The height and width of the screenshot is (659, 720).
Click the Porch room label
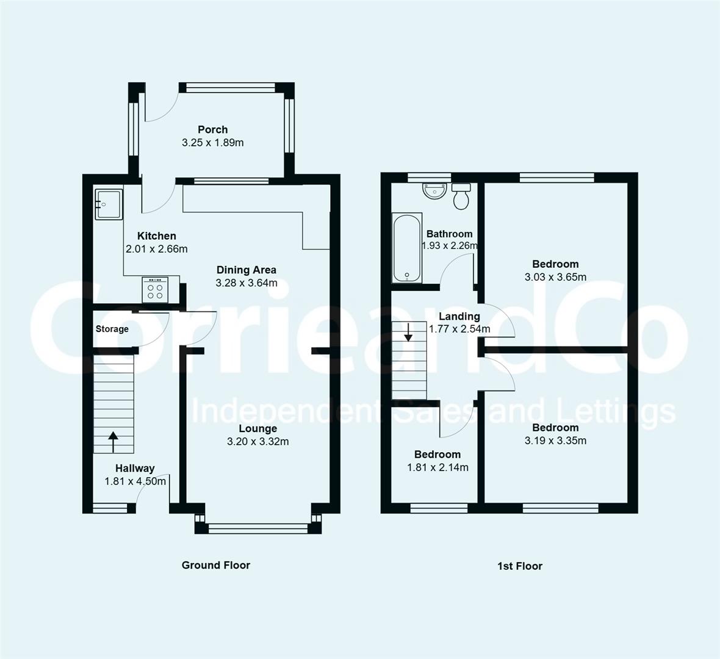[x=212, y=129]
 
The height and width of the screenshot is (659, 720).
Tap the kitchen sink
[x=109, y=203]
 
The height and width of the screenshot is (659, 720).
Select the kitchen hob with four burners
[x=155, y=289]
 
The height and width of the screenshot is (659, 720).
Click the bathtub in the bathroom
[x=406, y=248]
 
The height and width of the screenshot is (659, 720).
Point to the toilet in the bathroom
[x=461, y=196]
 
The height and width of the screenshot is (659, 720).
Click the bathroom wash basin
[x=434, y=190]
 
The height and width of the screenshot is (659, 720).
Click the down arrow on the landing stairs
[x=408, y=332]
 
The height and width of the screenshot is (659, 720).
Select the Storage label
[x=112, y=329]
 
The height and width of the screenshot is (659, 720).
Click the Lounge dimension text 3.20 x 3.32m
[x=257, y=441]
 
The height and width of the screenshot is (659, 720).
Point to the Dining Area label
[x=246, y=270]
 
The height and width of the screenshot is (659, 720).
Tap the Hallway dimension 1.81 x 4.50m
[x=135, y=481]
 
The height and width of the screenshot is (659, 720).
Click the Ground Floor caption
[x=216, y=565]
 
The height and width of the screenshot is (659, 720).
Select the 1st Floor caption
[x=520, y=566]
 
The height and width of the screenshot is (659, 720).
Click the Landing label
[x=459, y=316]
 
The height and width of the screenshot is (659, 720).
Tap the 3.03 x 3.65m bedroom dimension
[x=555, y=277]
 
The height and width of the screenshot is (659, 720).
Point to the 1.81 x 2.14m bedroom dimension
[x=437, y=467]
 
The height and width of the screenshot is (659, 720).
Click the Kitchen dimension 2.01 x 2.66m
[x=156, y=249]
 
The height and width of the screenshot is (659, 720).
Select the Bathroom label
[x=449, y=234]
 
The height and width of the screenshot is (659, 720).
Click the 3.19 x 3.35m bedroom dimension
[x=555, y=441]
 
